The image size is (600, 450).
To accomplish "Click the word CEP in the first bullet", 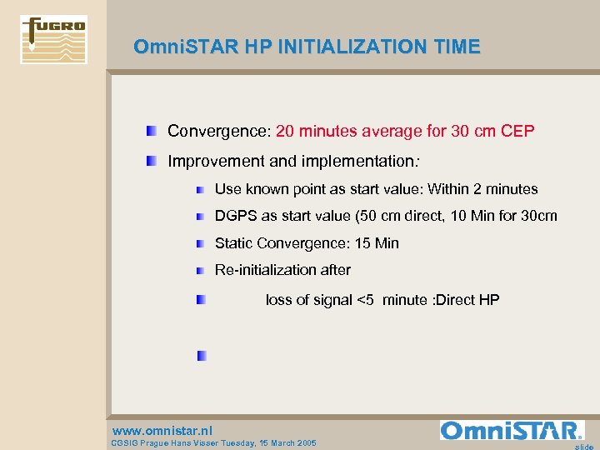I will [517, 132].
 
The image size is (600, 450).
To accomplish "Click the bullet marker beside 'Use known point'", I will [201, 190].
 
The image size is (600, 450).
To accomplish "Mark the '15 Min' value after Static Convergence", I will [375, 243].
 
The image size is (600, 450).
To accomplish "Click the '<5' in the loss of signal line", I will [365, 300].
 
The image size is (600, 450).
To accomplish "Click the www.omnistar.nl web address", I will [162, 430].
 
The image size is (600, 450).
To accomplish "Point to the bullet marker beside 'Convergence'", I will [151, 132].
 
